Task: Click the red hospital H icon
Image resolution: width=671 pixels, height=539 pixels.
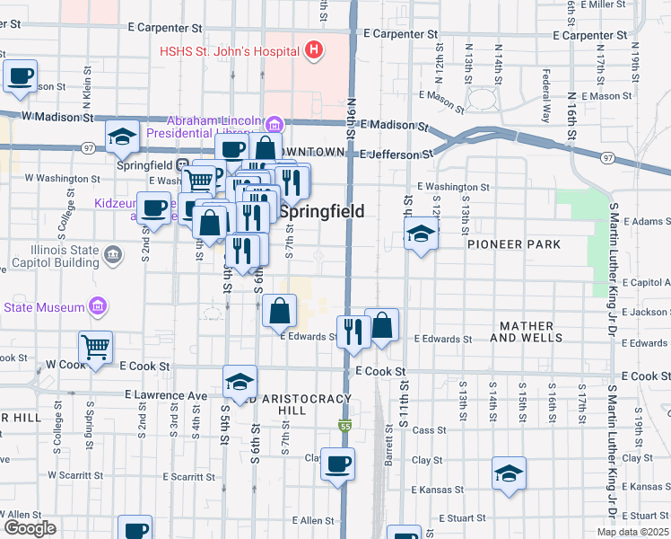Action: [313, 50]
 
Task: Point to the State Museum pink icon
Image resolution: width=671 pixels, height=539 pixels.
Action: [99, 307]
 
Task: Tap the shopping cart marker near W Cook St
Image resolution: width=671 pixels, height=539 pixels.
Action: [95, 346]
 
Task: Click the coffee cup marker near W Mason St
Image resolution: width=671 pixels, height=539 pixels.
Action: [20, 76]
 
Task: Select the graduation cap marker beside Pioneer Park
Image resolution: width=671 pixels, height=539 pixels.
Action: [420, 235]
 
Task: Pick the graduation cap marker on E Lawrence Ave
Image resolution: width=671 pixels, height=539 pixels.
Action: [240, 381]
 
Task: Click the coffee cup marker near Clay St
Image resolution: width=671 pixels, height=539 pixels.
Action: [337, 464]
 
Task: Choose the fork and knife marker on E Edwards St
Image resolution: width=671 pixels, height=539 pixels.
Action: [353, 331]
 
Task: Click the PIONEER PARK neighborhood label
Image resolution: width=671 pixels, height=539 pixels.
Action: [513, 244]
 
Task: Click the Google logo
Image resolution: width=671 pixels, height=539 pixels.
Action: [29, 528]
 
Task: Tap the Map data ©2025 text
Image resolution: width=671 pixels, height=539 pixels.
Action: [632, 532]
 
